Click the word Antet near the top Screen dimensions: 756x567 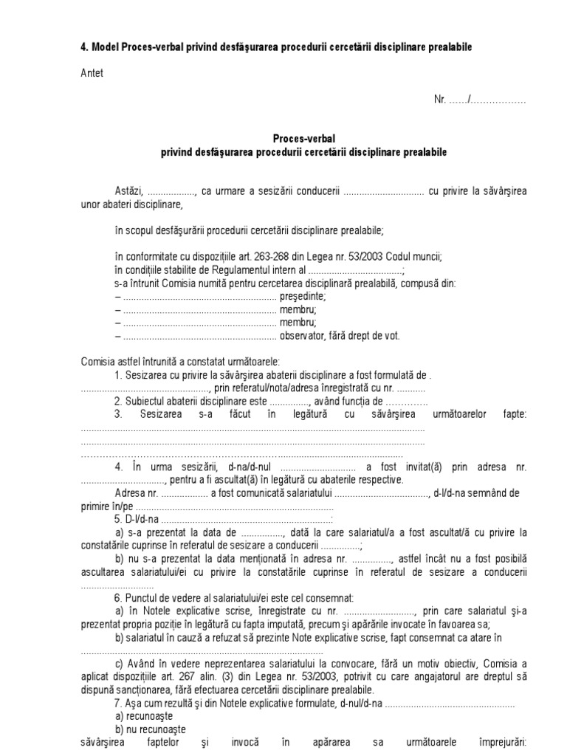pyautogui.click(x=92, y=73)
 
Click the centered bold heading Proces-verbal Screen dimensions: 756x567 pyautogui.click(x=303, y=139)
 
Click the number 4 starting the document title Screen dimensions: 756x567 pyautogui.click(x=83, y=47)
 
